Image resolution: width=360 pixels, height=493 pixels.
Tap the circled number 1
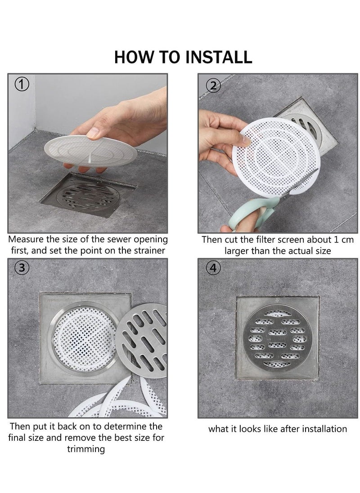[22, 84]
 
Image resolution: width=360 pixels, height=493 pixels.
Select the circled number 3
[22, 269]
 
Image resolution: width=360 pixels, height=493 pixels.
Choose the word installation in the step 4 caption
[320, 429]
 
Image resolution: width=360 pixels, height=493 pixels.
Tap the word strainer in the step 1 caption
[147, 251]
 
